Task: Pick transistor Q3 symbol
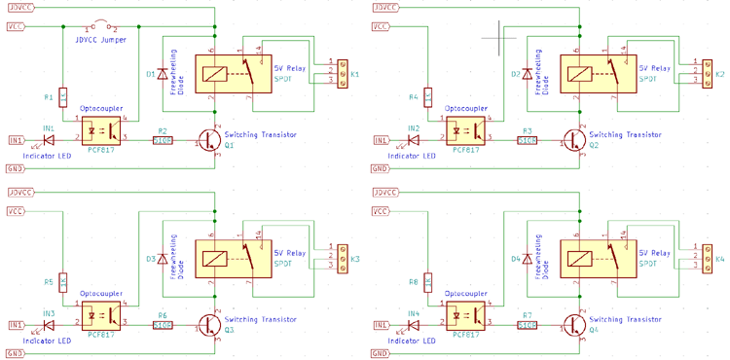click(209, 324)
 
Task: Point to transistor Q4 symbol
click(575, 324)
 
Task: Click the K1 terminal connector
click(342, 74)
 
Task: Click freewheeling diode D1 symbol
click(162, 74)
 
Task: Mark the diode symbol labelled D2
click(528, 74)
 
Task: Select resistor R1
click(62, 97)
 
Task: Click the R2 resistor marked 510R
click(163, 140)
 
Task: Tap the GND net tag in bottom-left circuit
click(15, 352)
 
